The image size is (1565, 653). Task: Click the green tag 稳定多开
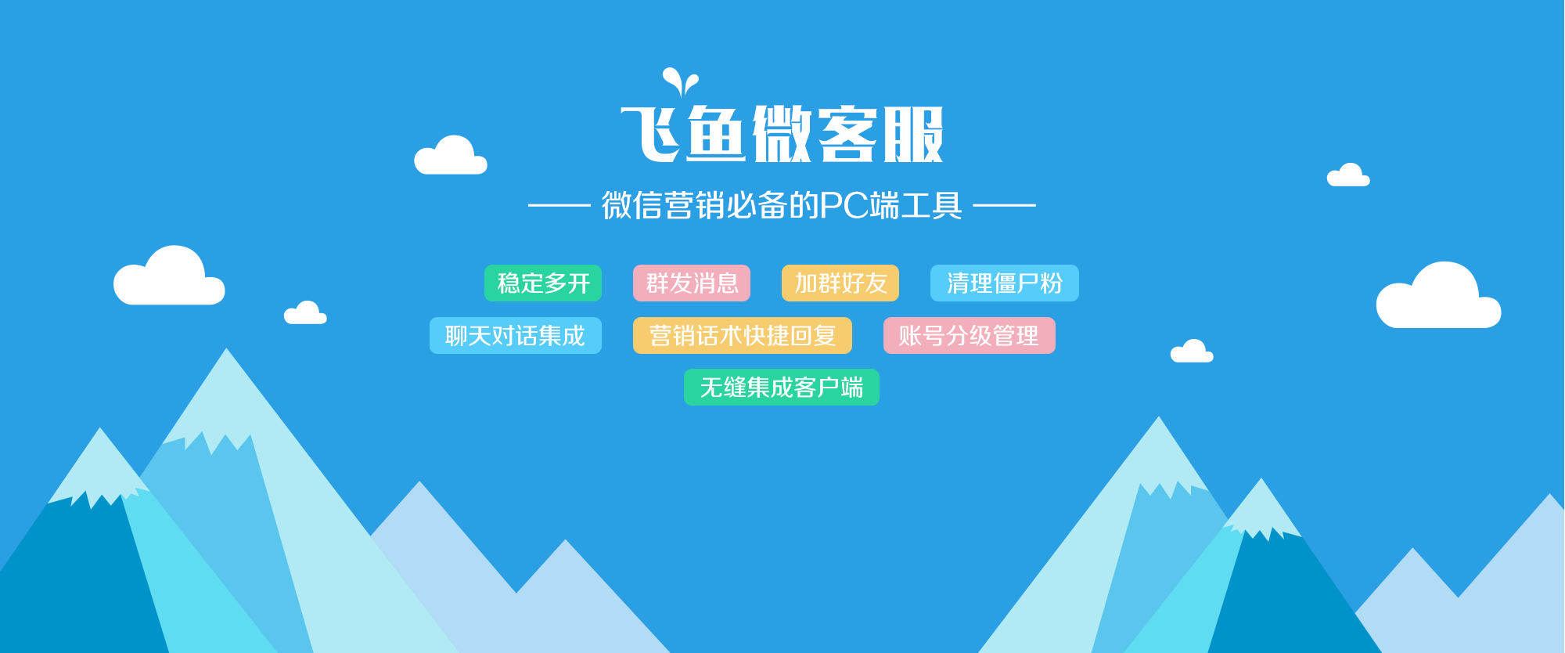pos(543,283)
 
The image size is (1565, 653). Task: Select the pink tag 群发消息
pos(692,283)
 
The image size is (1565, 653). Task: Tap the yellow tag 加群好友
pos(840,283)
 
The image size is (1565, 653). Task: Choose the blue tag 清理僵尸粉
pos(1005,283)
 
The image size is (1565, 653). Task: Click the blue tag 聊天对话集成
pos(516,335)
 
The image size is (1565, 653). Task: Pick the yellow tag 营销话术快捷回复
pos(743,335)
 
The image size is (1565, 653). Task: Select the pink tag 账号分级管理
pos(970,335)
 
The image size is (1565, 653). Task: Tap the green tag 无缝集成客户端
pos(782,387)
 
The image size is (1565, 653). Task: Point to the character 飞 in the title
pos(651,134)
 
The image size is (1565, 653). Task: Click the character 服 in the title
pos(914,134)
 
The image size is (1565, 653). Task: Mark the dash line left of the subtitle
pos(559,205)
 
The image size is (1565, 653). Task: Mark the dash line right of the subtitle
pos(1004,205)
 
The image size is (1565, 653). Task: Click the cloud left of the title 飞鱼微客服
pos(451,155)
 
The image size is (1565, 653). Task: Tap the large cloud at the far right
pos(1438,296)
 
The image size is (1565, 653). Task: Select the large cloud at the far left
pos(169,276)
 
